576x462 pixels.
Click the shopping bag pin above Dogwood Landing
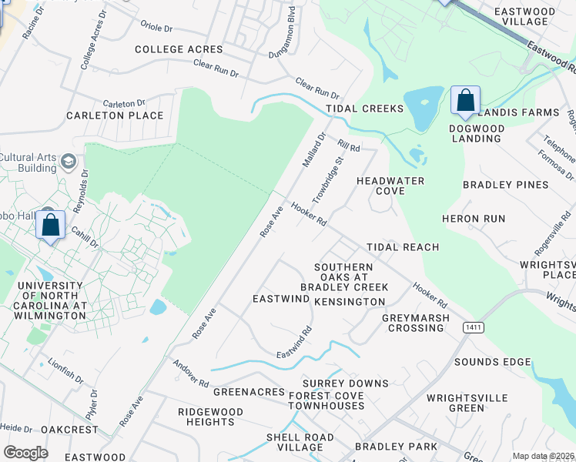coord(465,101)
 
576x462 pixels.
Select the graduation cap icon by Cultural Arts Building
coord(68,161)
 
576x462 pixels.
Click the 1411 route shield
coord(473,328)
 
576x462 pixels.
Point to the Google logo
coord(25,452)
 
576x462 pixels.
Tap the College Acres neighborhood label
coord(179,49)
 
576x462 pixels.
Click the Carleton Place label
coord(115,115)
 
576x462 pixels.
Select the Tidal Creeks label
coord(364,109)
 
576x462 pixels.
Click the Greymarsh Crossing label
coord(416,323)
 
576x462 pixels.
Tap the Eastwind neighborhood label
coord(280,297)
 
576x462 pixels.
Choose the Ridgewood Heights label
coord(206,417)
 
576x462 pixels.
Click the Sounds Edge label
coord(492,362)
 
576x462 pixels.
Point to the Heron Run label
coord(474,219)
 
